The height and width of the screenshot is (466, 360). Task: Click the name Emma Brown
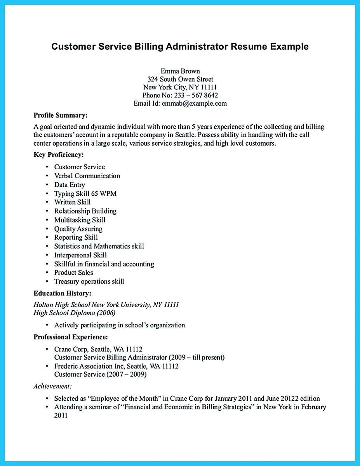180,71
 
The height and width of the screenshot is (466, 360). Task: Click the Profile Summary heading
60,115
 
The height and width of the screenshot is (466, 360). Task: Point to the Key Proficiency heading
59,155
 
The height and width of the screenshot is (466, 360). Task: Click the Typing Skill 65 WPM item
85,193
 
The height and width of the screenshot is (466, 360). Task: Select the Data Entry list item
70,185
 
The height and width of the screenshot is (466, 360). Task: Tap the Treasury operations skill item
89,282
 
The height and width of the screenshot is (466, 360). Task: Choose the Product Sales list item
73,273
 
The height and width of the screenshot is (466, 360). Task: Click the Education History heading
62,294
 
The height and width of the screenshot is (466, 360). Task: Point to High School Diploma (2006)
75,313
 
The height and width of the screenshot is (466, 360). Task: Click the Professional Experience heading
71,337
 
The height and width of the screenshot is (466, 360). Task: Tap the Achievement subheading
52,386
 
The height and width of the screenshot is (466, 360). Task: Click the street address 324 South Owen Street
180,79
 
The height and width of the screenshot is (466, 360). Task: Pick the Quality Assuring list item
78,229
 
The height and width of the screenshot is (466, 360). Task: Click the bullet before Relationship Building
47,211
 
